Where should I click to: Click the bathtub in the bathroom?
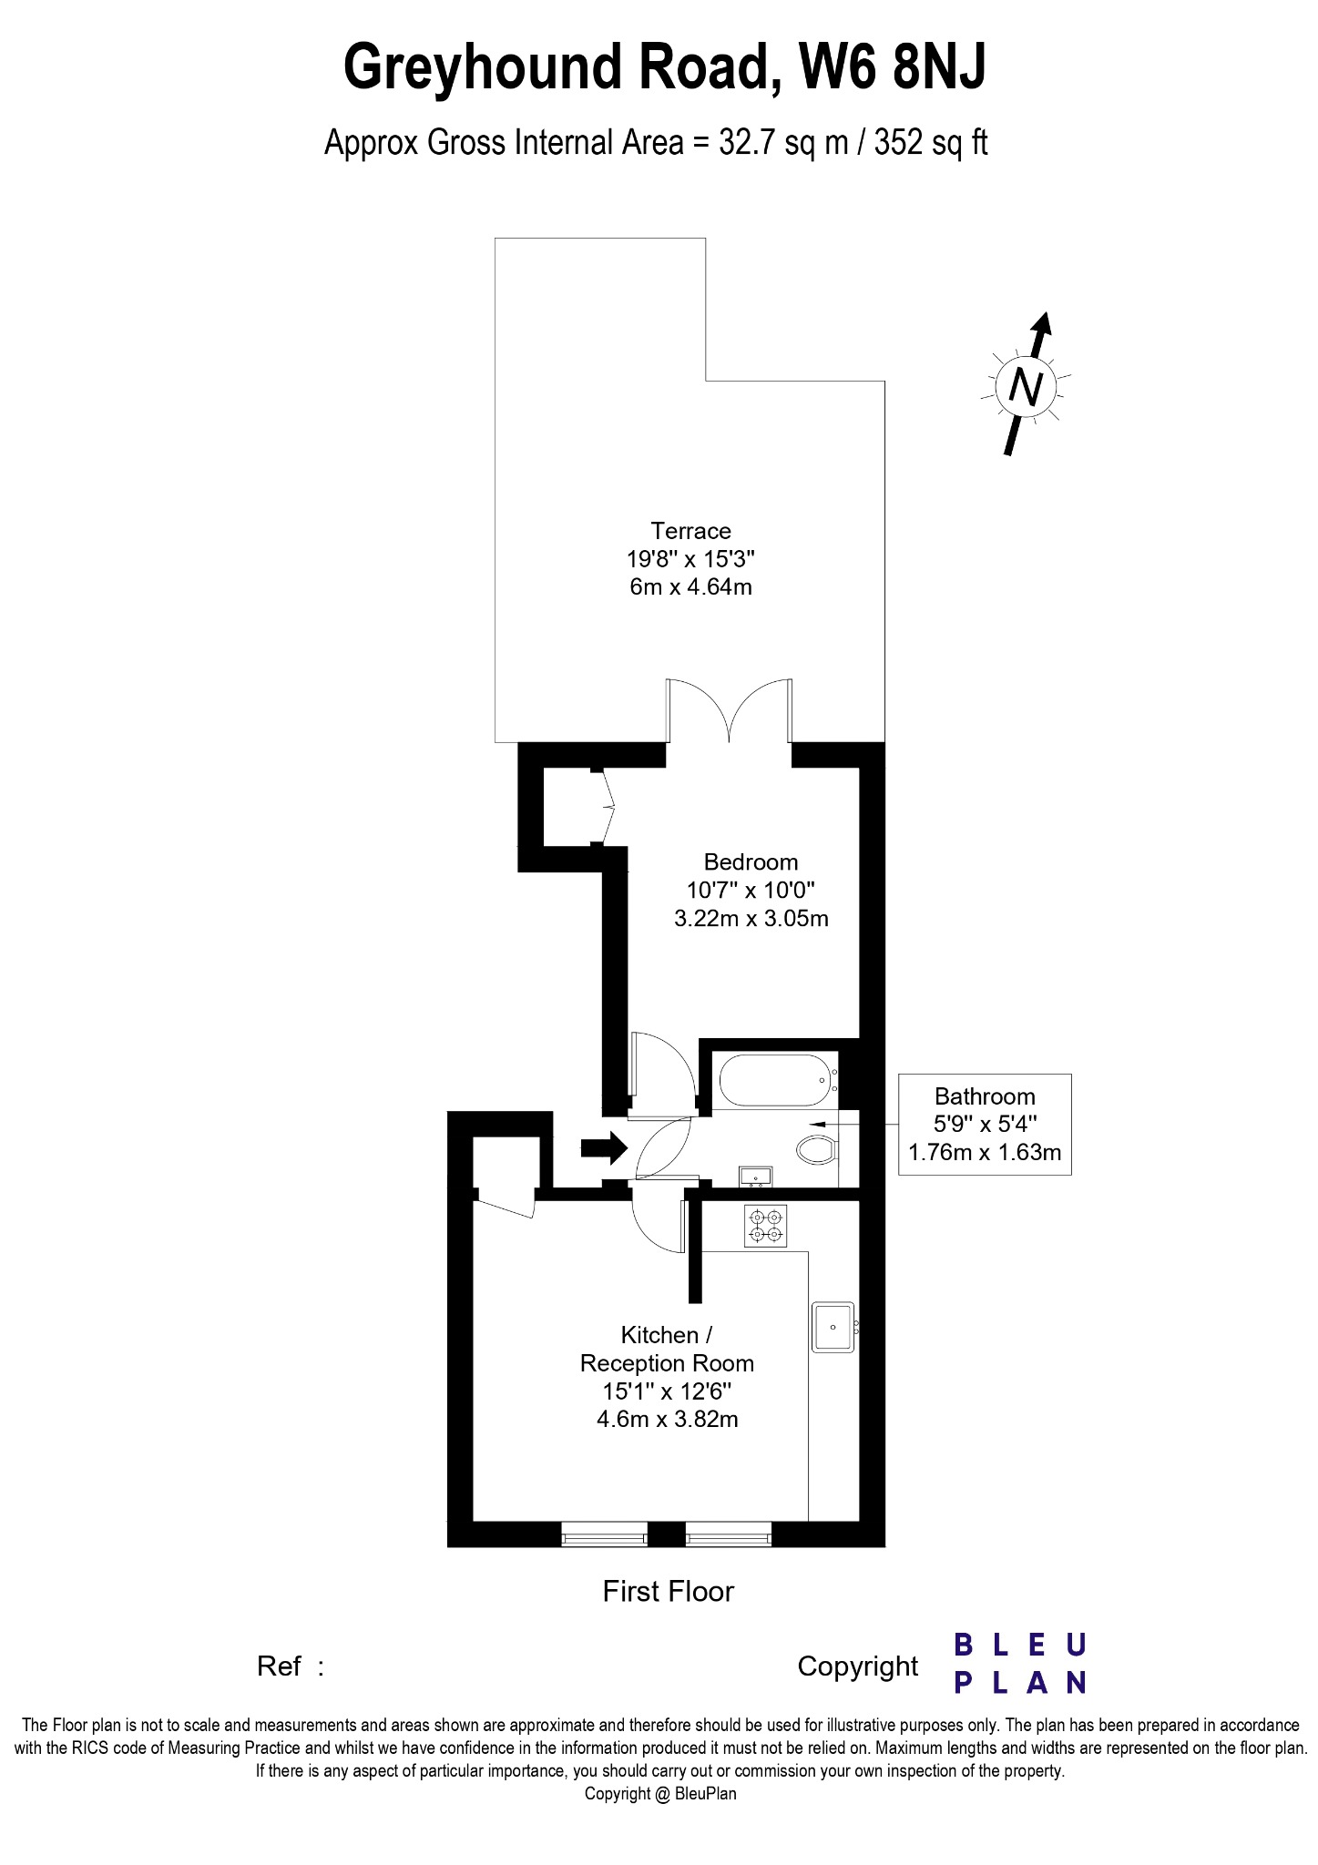[x=776, y=1081]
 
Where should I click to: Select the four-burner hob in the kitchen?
[x=765, y=1226]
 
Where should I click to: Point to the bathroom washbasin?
[x=756, y=1177]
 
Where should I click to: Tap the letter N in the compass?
[x=1027, y=388]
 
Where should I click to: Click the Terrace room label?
[x=690, y=531]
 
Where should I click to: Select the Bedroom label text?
[x=751, y=862]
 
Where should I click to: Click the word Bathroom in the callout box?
[x=985, y=1096]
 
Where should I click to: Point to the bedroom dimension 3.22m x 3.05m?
[x=751, y=918]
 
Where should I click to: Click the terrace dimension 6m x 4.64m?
[x=690, y=586]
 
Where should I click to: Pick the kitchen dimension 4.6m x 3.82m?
[x=667, y=1419]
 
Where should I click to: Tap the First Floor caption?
[x=668, y=1591]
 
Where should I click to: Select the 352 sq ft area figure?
[x=931, y=144]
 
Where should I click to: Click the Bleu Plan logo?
[x=1020, y=1664]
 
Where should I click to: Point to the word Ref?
[x=279, y=1666]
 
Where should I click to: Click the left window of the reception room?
[x=605, y=1534]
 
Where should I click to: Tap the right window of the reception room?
[x=729, y=1534]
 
